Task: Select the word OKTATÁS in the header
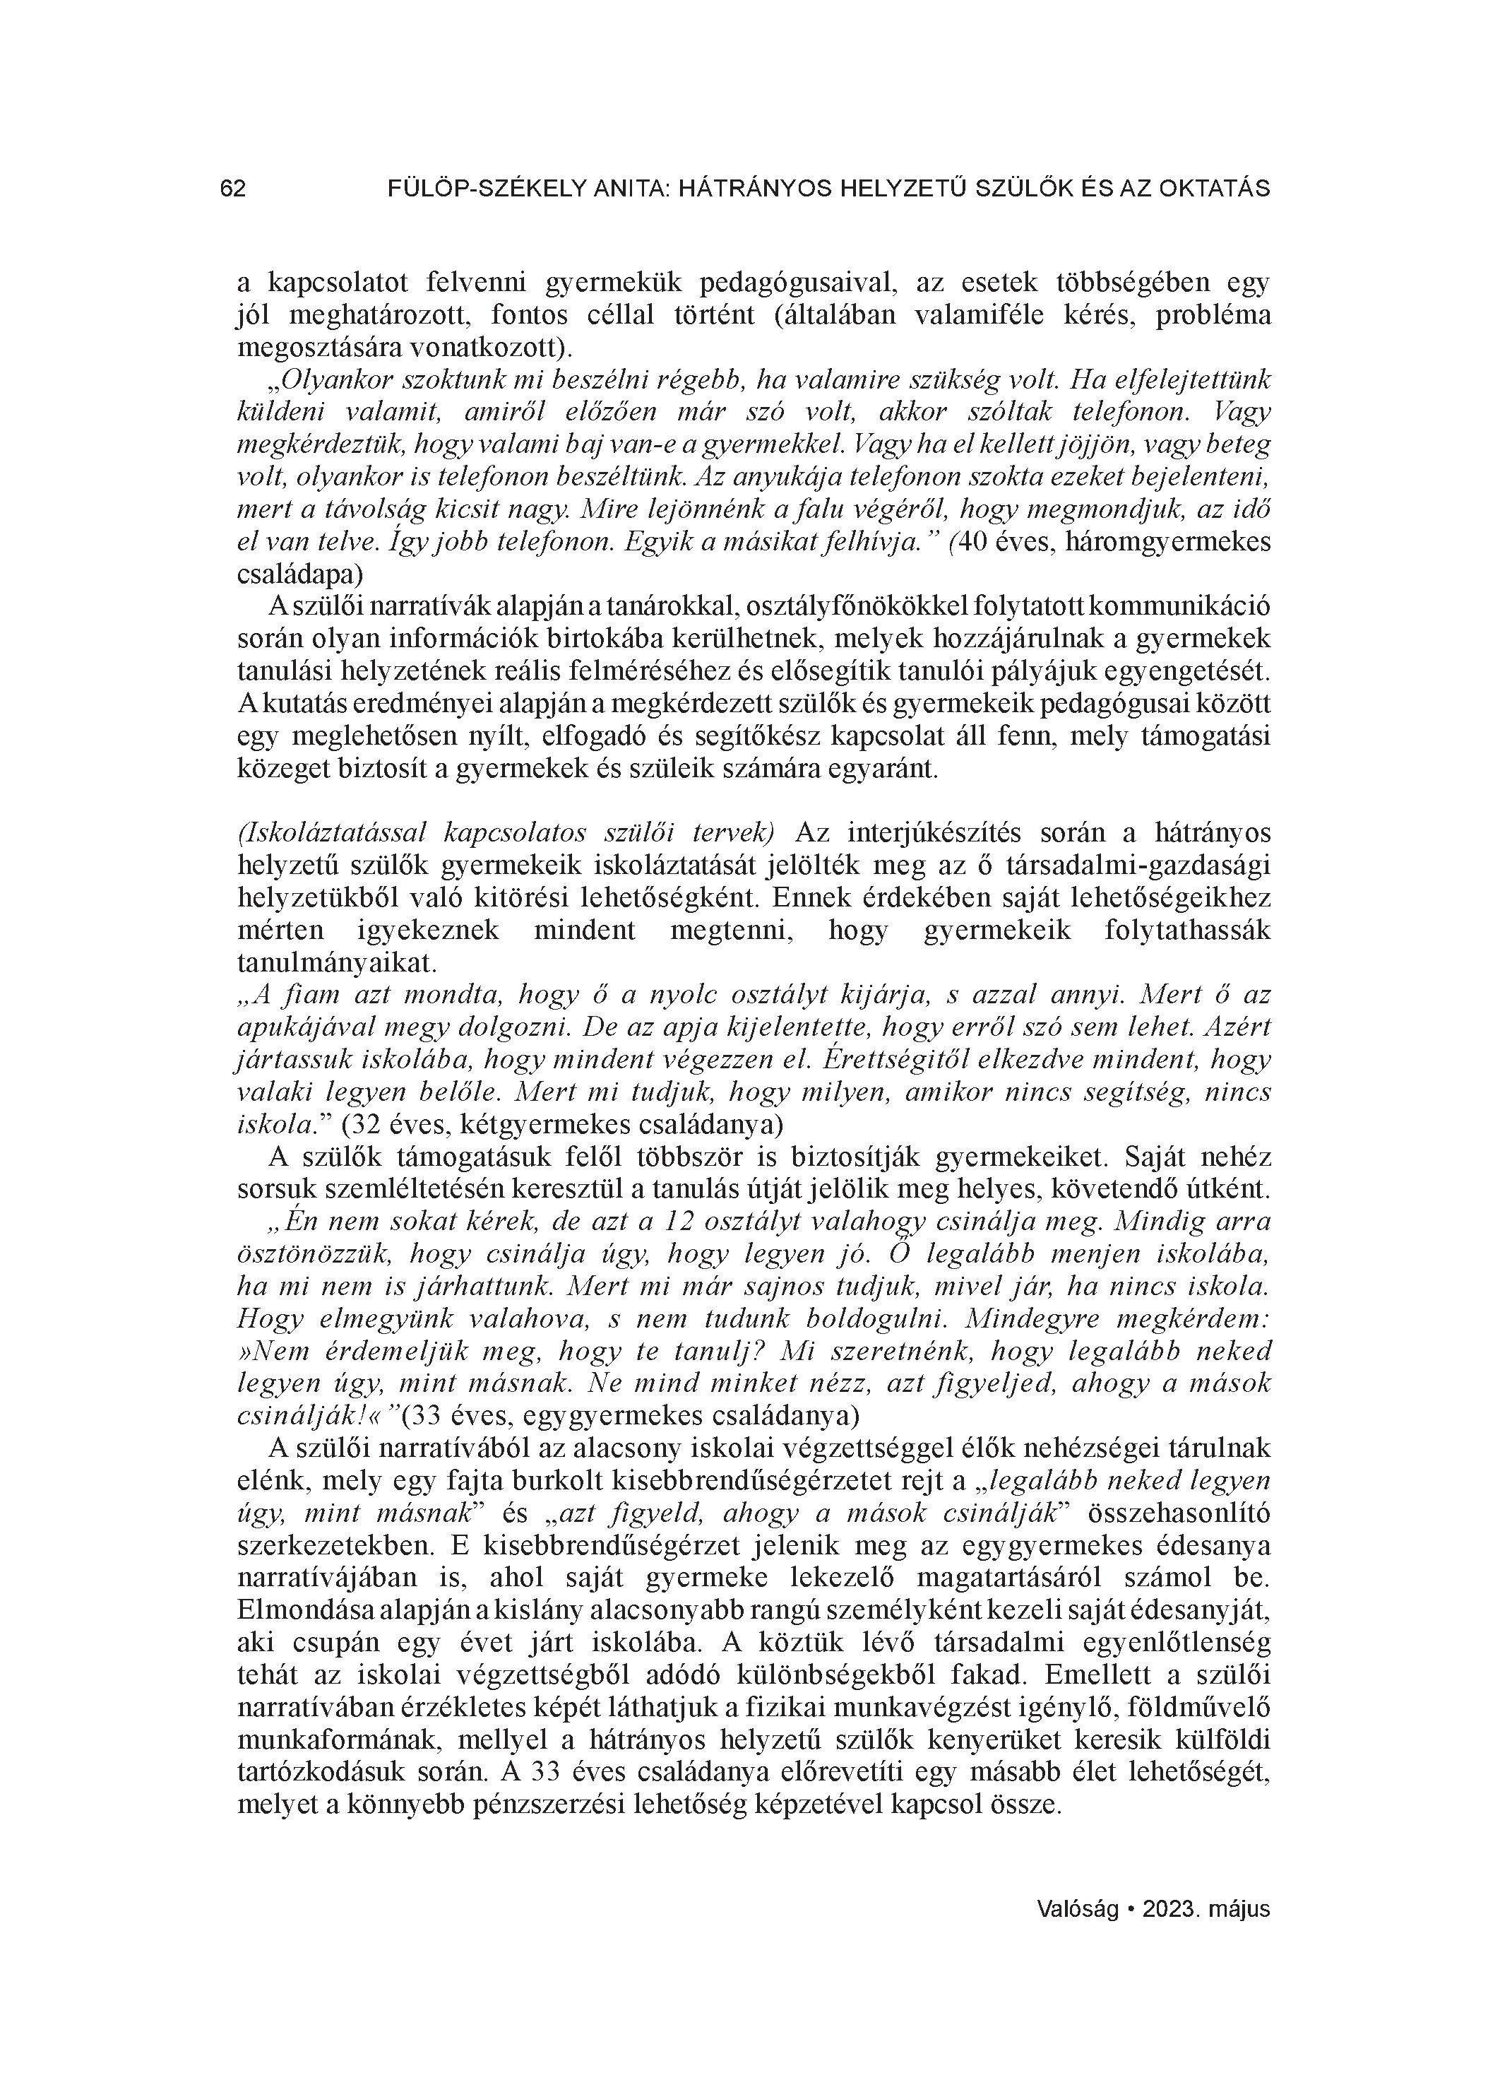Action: point(1215,189)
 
